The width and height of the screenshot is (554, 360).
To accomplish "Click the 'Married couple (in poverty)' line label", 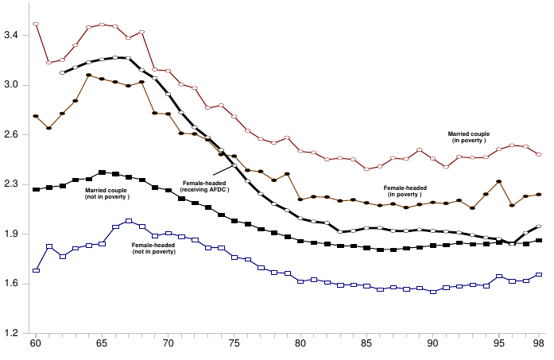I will pos(469,137).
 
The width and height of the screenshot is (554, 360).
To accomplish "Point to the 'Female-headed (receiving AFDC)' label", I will pos(205,187).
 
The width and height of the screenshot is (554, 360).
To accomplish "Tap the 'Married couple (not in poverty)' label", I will pos(107,193).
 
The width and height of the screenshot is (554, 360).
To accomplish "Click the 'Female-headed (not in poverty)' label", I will pos(153,248).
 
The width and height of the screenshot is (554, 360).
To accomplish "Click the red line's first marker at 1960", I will pos(36,24).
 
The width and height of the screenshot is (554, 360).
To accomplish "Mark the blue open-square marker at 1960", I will pos(36,271).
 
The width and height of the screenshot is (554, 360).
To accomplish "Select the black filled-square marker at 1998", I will pos(538,240).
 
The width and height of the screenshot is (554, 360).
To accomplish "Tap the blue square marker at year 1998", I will pos(538,275).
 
